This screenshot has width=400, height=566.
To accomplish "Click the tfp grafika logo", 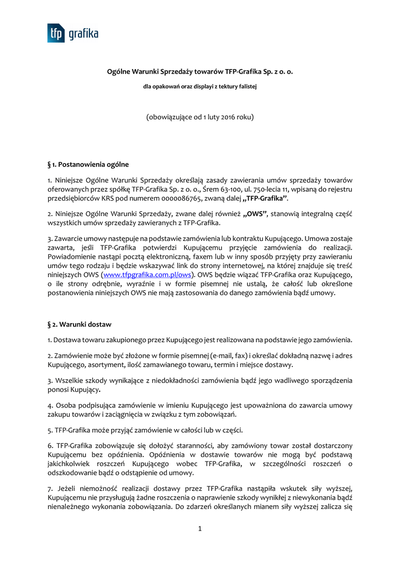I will (72, 33).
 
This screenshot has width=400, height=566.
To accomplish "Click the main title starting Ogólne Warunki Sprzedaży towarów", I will (199, 71).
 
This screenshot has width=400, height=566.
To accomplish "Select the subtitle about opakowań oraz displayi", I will (199, 86).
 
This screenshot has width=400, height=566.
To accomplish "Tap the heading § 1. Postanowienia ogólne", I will (88, 164).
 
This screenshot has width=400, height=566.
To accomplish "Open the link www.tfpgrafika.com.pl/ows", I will (148, 274).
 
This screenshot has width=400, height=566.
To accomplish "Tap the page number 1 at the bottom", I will (200, 528).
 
